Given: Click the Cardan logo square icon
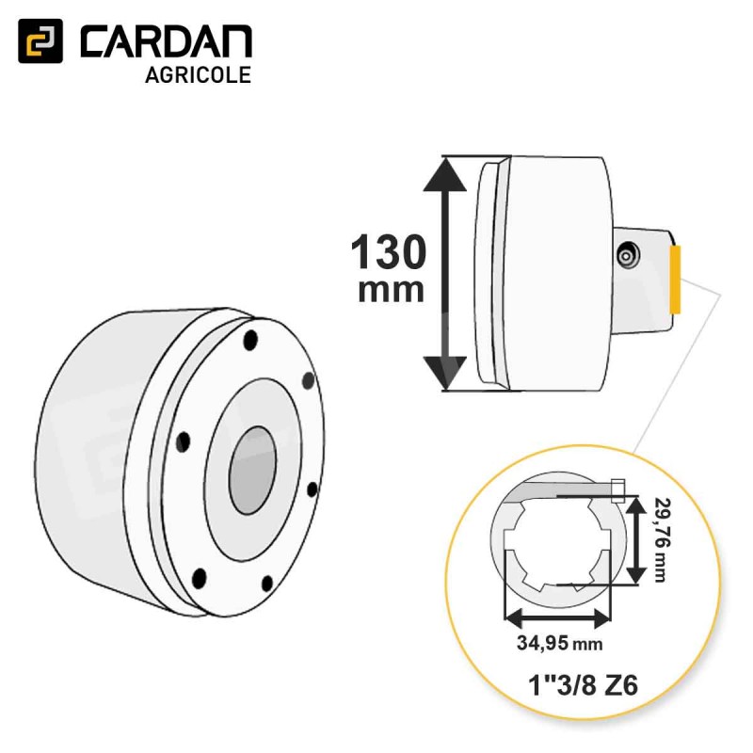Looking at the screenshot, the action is (40, 40).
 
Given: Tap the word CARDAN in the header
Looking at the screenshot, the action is (167, 41).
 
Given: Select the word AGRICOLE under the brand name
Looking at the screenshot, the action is (198, 75).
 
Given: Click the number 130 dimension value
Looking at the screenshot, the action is (388, 252).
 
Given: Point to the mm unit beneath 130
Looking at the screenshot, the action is (391, 291).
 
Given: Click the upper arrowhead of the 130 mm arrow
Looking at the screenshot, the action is (446, 175).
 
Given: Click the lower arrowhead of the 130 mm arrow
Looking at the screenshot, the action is (446, 373).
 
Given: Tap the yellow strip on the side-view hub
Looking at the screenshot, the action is (675, 279).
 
